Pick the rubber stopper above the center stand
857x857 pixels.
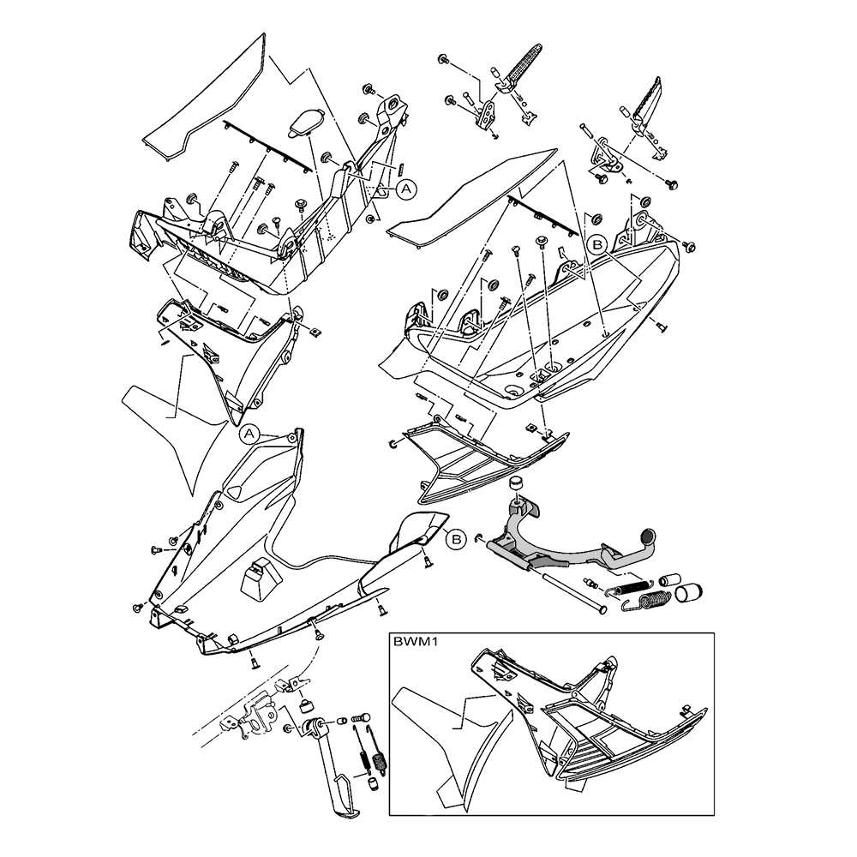516,487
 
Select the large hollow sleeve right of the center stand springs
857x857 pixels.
689,592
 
